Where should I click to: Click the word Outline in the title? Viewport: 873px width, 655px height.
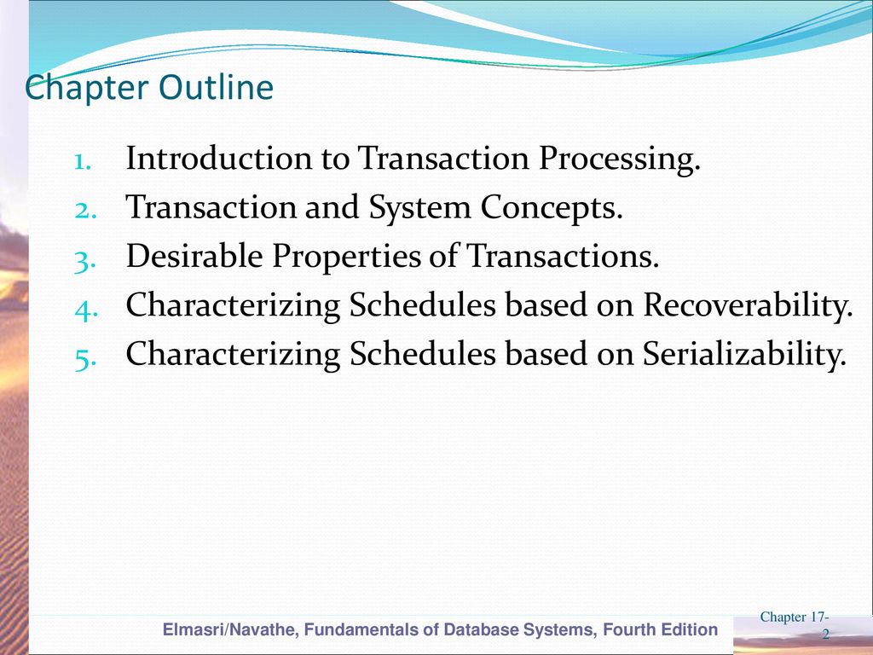[x=216, y=87]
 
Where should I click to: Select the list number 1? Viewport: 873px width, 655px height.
[x=83, y=162]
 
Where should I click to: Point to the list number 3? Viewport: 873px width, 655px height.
[x=85, y=262]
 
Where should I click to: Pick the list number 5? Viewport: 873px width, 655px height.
[x=85, y=359]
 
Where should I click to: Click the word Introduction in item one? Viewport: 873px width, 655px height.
[x=219, y=158]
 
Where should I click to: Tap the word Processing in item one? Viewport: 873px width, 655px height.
[x=619, y=160]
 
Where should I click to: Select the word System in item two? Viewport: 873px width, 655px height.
[x=419, y=207]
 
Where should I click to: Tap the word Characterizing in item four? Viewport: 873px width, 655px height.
[x=233, y=307]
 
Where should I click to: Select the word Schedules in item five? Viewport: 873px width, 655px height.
[x=423, y=354]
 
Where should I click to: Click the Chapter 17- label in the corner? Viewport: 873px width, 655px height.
[x=795, y=617]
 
